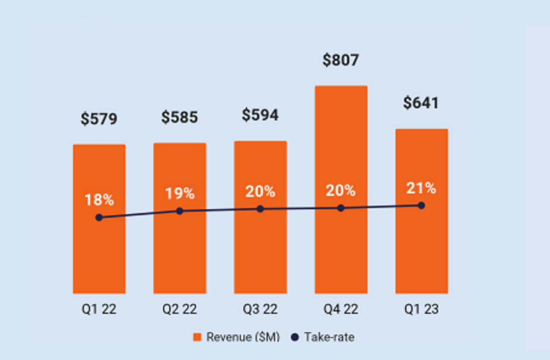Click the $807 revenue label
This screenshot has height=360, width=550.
point(341,60)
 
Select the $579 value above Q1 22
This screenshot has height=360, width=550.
point(99,119)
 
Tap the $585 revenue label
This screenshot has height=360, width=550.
point(179,118)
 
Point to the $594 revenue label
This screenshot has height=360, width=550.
point(260,115)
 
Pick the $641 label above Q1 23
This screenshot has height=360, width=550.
point(421,103)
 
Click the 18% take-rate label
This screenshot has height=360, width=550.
point(99,200)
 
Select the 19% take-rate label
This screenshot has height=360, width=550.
point(179,194)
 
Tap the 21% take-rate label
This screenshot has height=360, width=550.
point(421,189)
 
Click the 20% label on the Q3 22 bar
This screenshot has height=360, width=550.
point(260,191)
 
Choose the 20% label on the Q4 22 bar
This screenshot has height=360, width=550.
point(341,191)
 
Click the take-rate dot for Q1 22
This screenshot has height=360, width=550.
point(99,218)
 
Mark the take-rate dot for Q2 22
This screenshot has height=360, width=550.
point(180,211)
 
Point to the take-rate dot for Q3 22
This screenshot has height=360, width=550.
point(260,209)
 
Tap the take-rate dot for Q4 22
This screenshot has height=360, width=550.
point(341,208)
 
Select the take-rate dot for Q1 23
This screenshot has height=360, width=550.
point(421,206)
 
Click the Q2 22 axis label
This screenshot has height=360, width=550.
point(179,310)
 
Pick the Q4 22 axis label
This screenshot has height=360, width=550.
point(341,310)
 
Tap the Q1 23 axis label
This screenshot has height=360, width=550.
point(421,310)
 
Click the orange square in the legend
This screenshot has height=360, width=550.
point(197,337)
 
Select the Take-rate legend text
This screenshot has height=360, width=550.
point(329,337)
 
